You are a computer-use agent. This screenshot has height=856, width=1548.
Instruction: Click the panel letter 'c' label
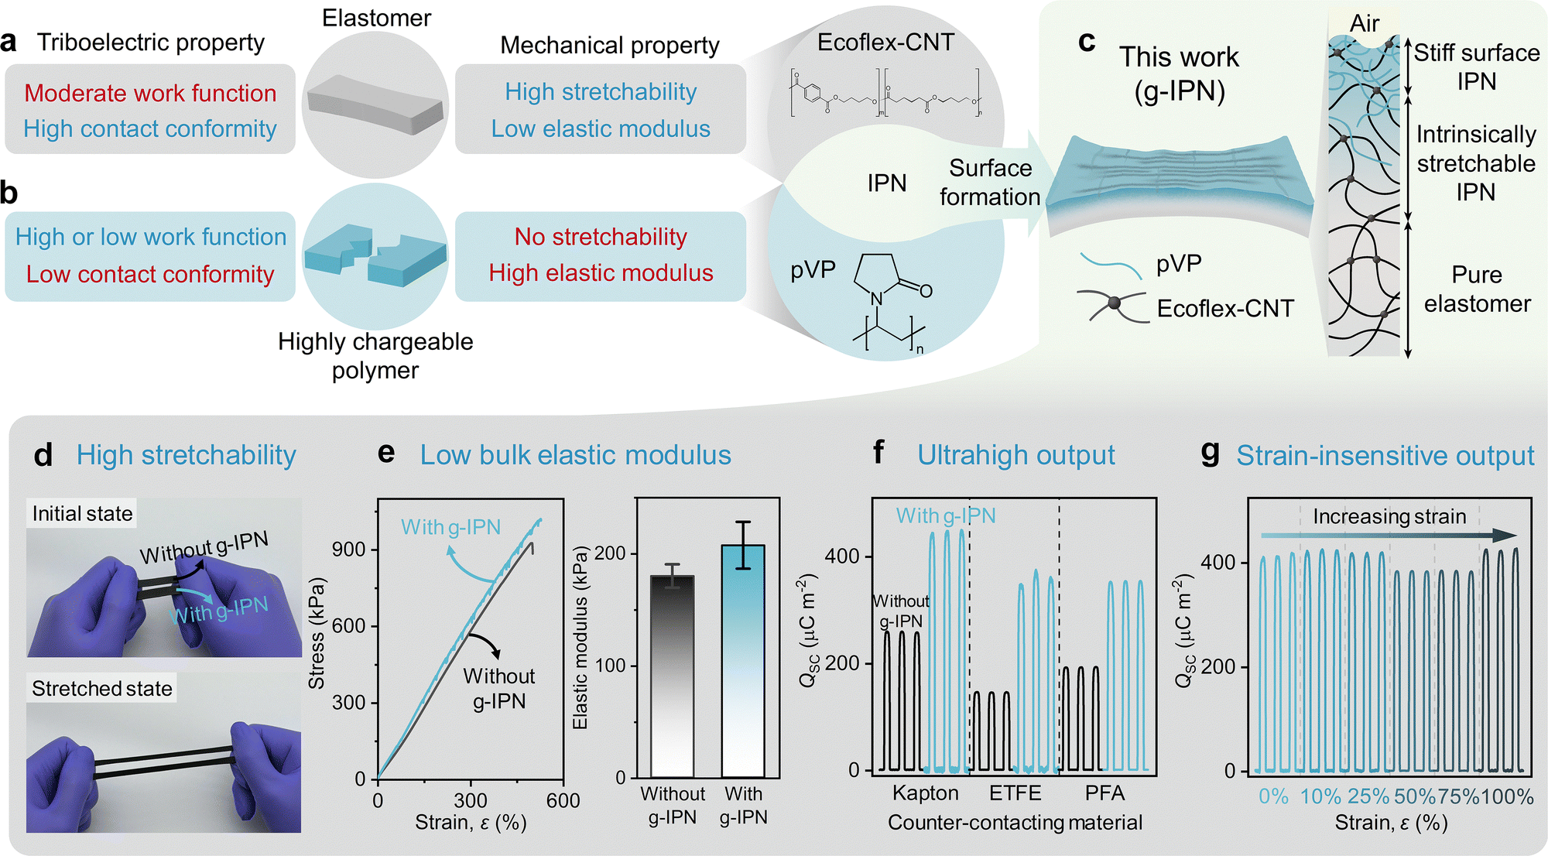1087,42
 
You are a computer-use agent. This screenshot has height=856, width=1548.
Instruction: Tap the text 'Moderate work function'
150,93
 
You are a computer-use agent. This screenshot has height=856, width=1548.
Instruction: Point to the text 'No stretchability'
601,237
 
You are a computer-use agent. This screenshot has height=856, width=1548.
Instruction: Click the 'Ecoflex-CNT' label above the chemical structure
885,42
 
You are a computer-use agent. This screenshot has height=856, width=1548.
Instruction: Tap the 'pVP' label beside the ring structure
813,270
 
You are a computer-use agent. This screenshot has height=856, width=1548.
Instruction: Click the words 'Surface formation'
990,183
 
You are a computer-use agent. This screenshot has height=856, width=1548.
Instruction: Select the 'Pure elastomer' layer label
1477,289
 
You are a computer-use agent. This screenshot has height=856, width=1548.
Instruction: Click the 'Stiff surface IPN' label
1477,67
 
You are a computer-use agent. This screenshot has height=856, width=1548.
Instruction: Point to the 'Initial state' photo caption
82,513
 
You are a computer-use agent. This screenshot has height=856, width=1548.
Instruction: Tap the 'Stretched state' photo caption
102,688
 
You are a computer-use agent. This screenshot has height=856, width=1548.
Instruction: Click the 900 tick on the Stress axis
349,550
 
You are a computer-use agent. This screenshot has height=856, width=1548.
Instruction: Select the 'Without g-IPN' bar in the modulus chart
673,676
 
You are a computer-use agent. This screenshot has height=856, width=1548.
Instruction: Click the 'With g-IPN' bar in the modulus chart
743,661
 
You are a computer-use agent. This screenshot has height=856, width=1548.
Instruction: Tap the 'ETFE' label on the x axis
1015,793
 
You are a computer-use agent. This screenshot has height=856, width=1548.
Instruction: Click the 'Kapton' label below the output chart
926,793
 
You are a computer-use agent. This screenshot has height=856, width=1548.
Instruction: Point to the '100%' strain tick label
1507,796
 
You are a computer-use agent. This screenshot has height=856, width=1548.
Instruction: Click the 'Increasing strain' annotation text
1389,516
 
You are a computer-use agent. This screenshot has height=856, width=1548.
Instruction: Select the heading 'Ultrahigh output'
1016,455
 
